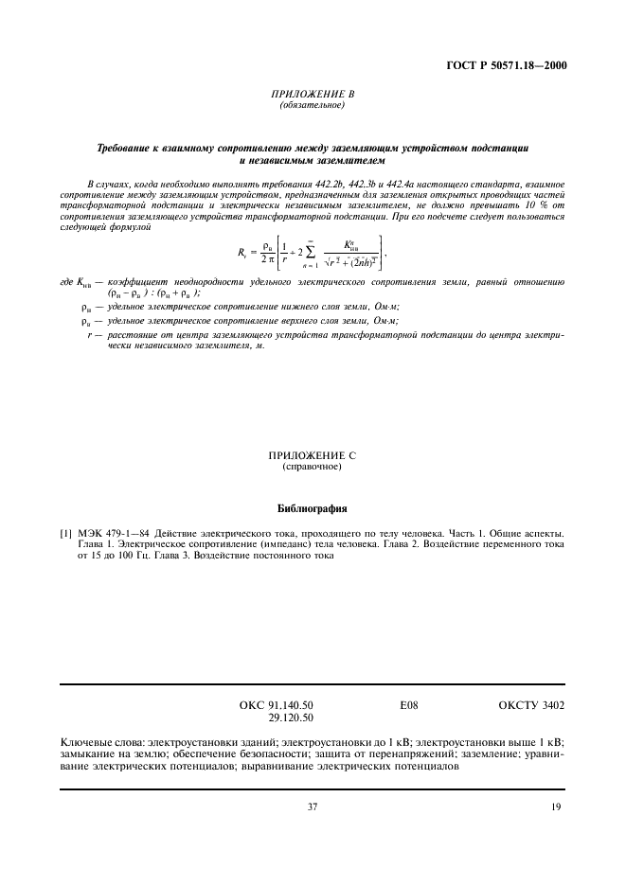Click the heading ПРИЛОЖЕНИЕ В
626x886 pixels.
[x=312, y=95]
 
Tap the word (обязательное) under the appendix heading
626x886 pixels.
[x=312, y=105]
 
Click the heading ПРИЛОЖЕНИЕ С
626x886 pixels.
[x=312, y=456]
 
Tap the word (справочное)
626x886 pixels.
[x=312, y=468]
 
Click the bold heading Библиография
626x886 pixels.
[x=312, y=507]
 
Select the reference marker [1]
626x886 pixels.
[x=66, y=534]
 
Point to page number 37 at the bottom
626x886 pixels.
[x=312, y=806]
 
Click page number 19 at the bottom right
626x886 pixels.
[x=556, y=806]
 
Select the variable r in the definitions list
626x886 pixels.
[x=88, y=360]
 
